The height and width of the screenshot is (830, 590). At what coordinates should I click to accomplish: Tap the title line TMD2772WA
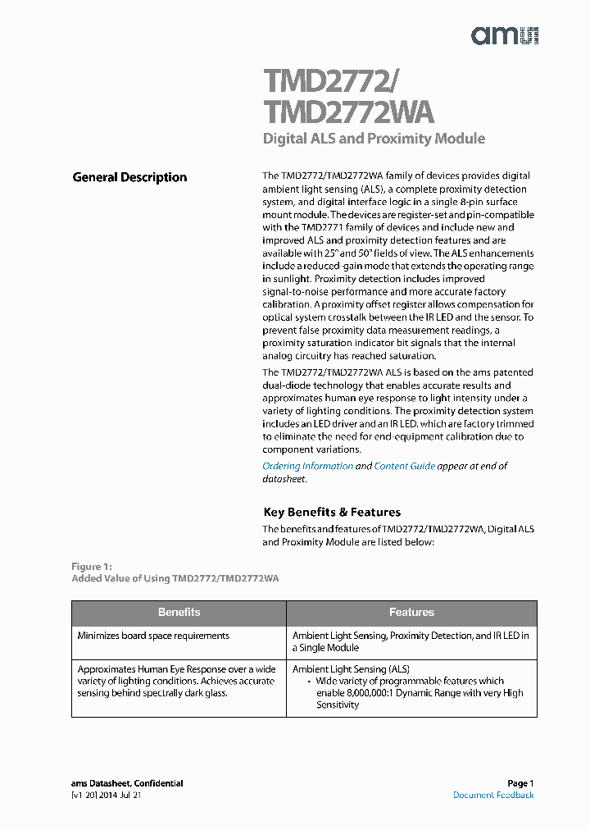(347, 112)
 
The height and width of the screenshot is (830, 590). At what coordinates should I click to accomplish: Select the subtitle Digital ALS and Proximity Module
(374, 139)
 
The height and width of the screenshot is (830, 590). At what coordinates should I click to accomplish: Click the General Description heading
(129, 177)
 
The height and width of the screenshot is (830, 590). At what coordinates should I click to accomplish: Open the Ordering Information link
(307, 466)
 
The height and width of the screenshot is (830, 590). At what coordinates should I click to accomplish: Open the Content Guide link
(404, 466)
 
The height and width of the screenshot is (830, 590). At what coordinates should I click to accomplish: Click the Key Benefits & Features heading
(332, 512)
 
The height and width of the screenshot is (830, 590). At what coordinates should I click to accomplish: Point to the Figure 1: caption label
(91, 567)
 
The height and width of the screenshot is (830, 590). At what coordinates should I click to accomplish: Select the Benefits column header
(179, 613)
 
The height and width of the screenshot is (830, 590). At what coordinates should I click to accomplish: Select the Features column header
(411, 613)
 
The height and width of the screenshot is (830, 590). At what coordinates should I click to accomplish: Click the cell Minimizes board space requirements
(153, 636)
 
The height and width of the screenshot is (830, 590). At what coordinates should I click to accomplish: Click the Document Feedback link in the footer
(493, 795)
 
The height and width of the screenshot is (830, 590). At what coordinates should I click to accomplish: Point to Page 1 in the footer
(520, 783)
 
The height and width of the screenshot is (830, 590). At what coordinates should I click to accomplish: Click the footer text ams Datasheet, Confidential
(127, 783)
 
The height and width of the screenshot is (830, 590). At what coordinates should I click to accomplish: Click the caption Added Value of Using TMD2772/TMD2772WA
(175, 578)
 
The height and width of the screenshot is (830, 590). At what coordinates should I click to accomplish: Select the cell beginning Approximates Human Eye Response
(176, 681)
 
